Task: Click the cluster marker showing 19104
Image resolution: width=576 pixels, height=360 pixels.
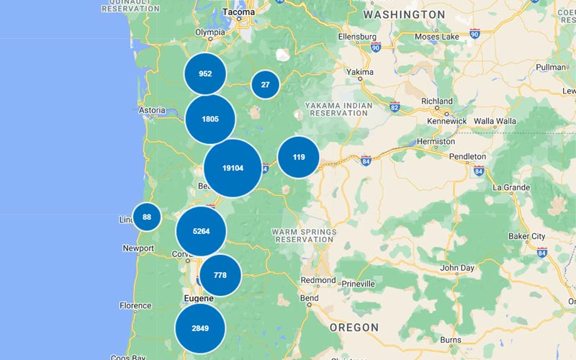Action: pos(233,168)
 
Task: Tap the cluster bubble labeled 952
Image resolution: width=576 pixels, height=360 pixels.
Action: pos(205,73)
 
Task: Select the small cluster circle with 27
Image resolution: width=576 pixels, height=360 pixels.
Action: pos(265,84)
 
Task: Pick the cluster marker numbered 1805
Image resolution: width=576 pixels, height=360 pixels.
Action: pos(210,119)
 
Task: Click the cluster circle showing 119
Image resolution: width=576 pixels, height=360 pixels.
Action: pos(299,157)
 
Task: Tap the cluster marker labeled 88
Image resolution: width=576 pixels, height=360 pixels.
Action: pos(147,217)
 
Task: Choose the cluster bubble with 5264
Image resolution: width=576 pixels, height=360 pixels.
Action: pos(202,231)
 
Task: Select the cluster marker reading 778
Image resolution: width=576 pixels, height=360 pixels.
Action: pos(220,275)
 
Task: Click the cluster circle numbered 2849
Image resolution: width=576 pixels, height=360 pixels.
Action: pos(200,328)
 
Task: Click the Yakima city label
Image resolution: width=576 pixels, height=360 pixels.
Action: pos(360,73)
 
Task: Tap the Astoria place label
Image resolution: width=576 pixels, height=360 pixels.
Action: pos(152,111)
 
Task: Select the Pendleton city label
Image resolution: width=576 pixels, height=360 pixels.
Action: pos(467,156)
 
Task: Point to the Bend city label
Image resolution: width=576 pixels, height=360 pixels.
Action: pos(310,298)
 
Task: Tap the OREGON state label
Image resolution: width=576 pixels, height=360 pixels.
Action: pos(354,328)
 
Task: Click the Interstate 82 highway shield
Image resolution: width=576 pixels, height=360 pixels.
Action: pos(395,107)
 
